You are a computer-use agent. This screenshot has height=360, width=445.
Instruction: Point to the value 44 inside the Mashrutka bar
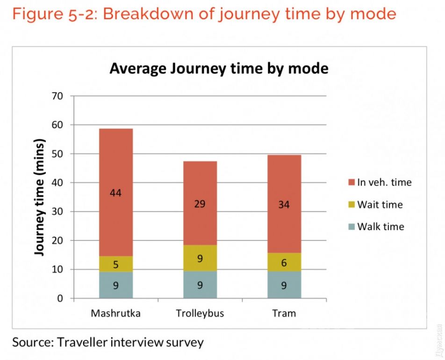point(115,193)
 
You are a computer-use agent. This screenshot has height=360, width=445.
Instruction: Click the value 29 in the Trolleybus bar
point(200,204)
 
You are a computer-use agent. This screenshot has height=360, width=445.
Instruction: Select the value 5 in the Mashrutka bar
point(115,265)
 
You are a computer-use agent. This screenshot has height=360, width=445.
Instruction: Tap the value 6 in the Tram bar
point(284,264)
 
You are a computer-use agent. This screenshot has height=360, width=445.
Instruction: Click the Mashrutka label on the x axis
point(115,313)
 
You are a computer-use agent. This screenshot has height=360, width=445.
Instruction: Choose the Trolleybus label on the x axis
point(200,313)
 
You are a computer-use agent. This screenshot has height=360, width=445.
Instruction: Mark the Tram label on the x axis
point(284,313)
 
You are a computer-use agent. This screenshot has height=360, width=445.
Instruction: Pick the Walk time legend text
point(380,227)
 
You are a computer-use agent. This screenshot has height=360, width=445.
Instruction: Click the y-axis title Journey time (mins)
point(41,197)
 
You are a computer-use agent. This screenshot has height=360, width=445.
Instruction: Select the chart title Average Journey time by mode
point(219,69)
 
